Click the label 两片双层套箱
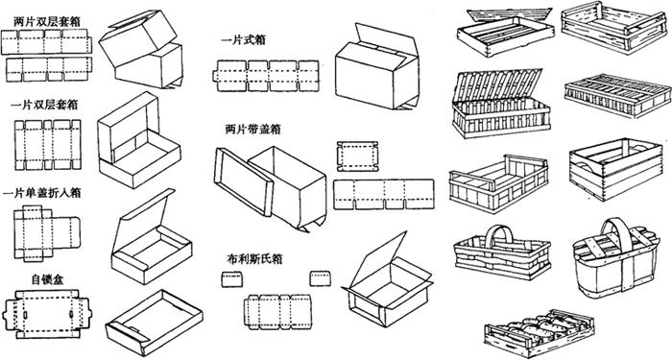point(46,22)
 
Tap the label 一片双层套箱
point(44,105)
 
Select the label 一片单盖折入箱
point(41,193)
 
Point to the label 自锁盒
point(47,280)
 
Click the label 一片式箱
point(243,40)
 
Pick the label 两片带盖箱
point(252,129)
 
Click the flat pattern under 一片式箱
point(266,76)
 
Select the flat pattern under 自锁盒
point(47,314)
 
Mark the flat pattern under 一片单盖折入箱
point(47,232)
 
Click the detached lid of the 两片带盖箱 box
point(244,182)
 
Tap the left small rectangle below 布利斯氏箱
point(232,279)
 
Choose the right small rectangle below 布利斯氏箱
point(320,278)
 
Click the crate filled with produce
point(540,333)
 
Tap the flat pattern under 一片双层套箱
point(48,145)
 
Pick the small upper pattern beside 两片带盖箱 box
point(357,156)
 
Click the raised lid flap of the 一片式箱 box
point(386,39)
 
